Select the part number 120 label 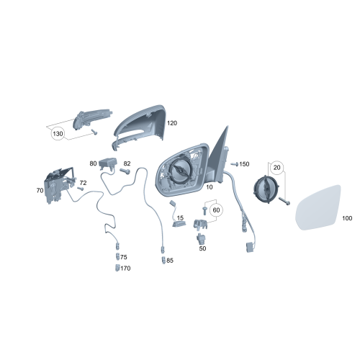click(x=171, y=123)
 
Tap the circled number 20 click(x=276, y=167)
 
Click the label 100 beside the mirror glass click(x=347, y=217)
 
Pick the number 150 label click(x=244, y=164)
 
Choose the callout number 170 click(x=125, y=269)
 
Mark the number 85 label click(x=170, y=260)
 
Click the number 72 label click(x=83, y=184)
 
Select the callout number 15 click(x=180, y=217)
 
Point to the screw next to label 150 click(x=233, y=164)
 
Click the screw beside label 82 click(x=127, y=171)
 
